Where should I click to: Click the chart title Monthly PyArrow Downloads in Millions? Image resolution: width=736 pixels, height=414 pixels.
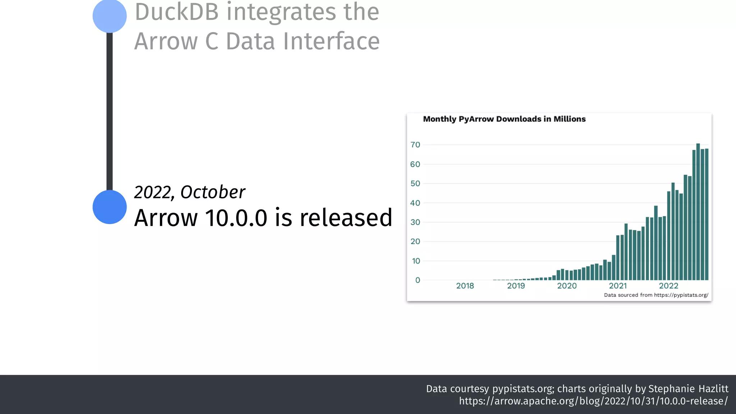[504, 119]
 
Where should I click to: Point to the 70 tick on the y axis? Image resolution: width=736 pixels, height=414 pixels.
[415, 145]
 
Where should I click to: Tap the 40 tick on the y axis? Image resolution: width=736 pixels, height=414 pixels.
[415, 203]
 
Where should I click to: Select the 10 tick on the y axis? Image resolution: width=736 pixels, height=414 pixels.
[416, 261]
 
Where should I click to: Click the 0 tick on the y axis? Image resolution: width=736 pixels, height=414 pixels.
[418, 280]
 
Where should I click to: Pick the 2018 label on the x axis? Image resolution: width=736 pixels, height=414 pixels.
[465, 286]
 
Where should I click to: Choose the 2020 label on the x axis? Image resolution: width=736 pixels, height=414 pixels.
[567, 286]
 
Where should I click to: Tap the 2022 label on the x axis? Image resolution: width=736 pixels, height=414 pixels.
[668, 286]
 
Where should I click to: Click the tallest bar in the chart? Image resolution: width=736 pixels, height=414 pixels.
[698, 212]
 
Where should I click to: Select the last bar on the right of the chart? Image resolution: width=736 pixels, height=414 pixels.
[707, 216]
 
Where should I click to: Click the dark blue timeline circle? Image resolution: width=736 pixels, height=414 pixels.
[110, 207]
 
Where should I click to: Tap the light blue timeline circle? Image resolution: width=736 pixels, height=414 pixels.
[110, 16]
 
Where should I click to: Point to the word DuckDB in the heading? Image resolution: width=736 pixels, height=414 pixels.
[176, 12]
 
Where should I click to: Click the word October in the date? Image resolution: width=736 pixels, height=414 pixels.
[213, 192]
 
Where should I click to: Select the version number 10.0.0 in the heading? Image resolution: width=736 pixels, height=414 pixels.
[236, 218]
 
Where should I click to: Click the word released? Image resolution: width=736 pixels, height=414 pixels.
[346, 218]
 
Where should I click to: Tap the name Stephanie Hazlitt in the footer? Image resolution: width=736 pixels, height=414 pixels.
[688, 389]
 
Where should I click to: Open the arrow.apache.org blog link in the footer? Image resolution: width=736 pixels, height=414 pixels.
[593, 401]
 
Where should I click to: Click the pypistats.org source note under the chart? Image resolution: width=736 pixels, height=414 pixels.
[656, 295]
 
